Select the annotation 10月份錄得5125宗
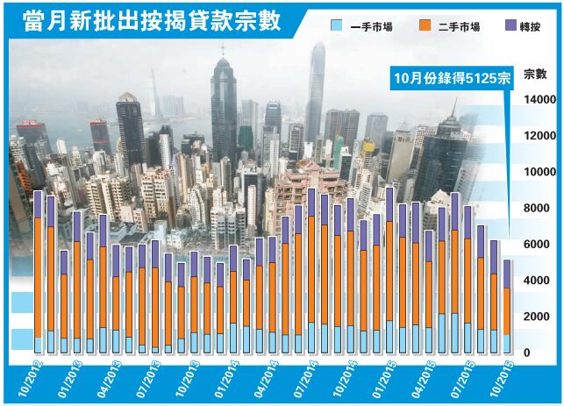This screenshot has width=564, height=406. click(451, 76)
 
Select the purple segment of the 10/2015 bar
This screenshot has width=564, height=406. click(506, 274)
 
